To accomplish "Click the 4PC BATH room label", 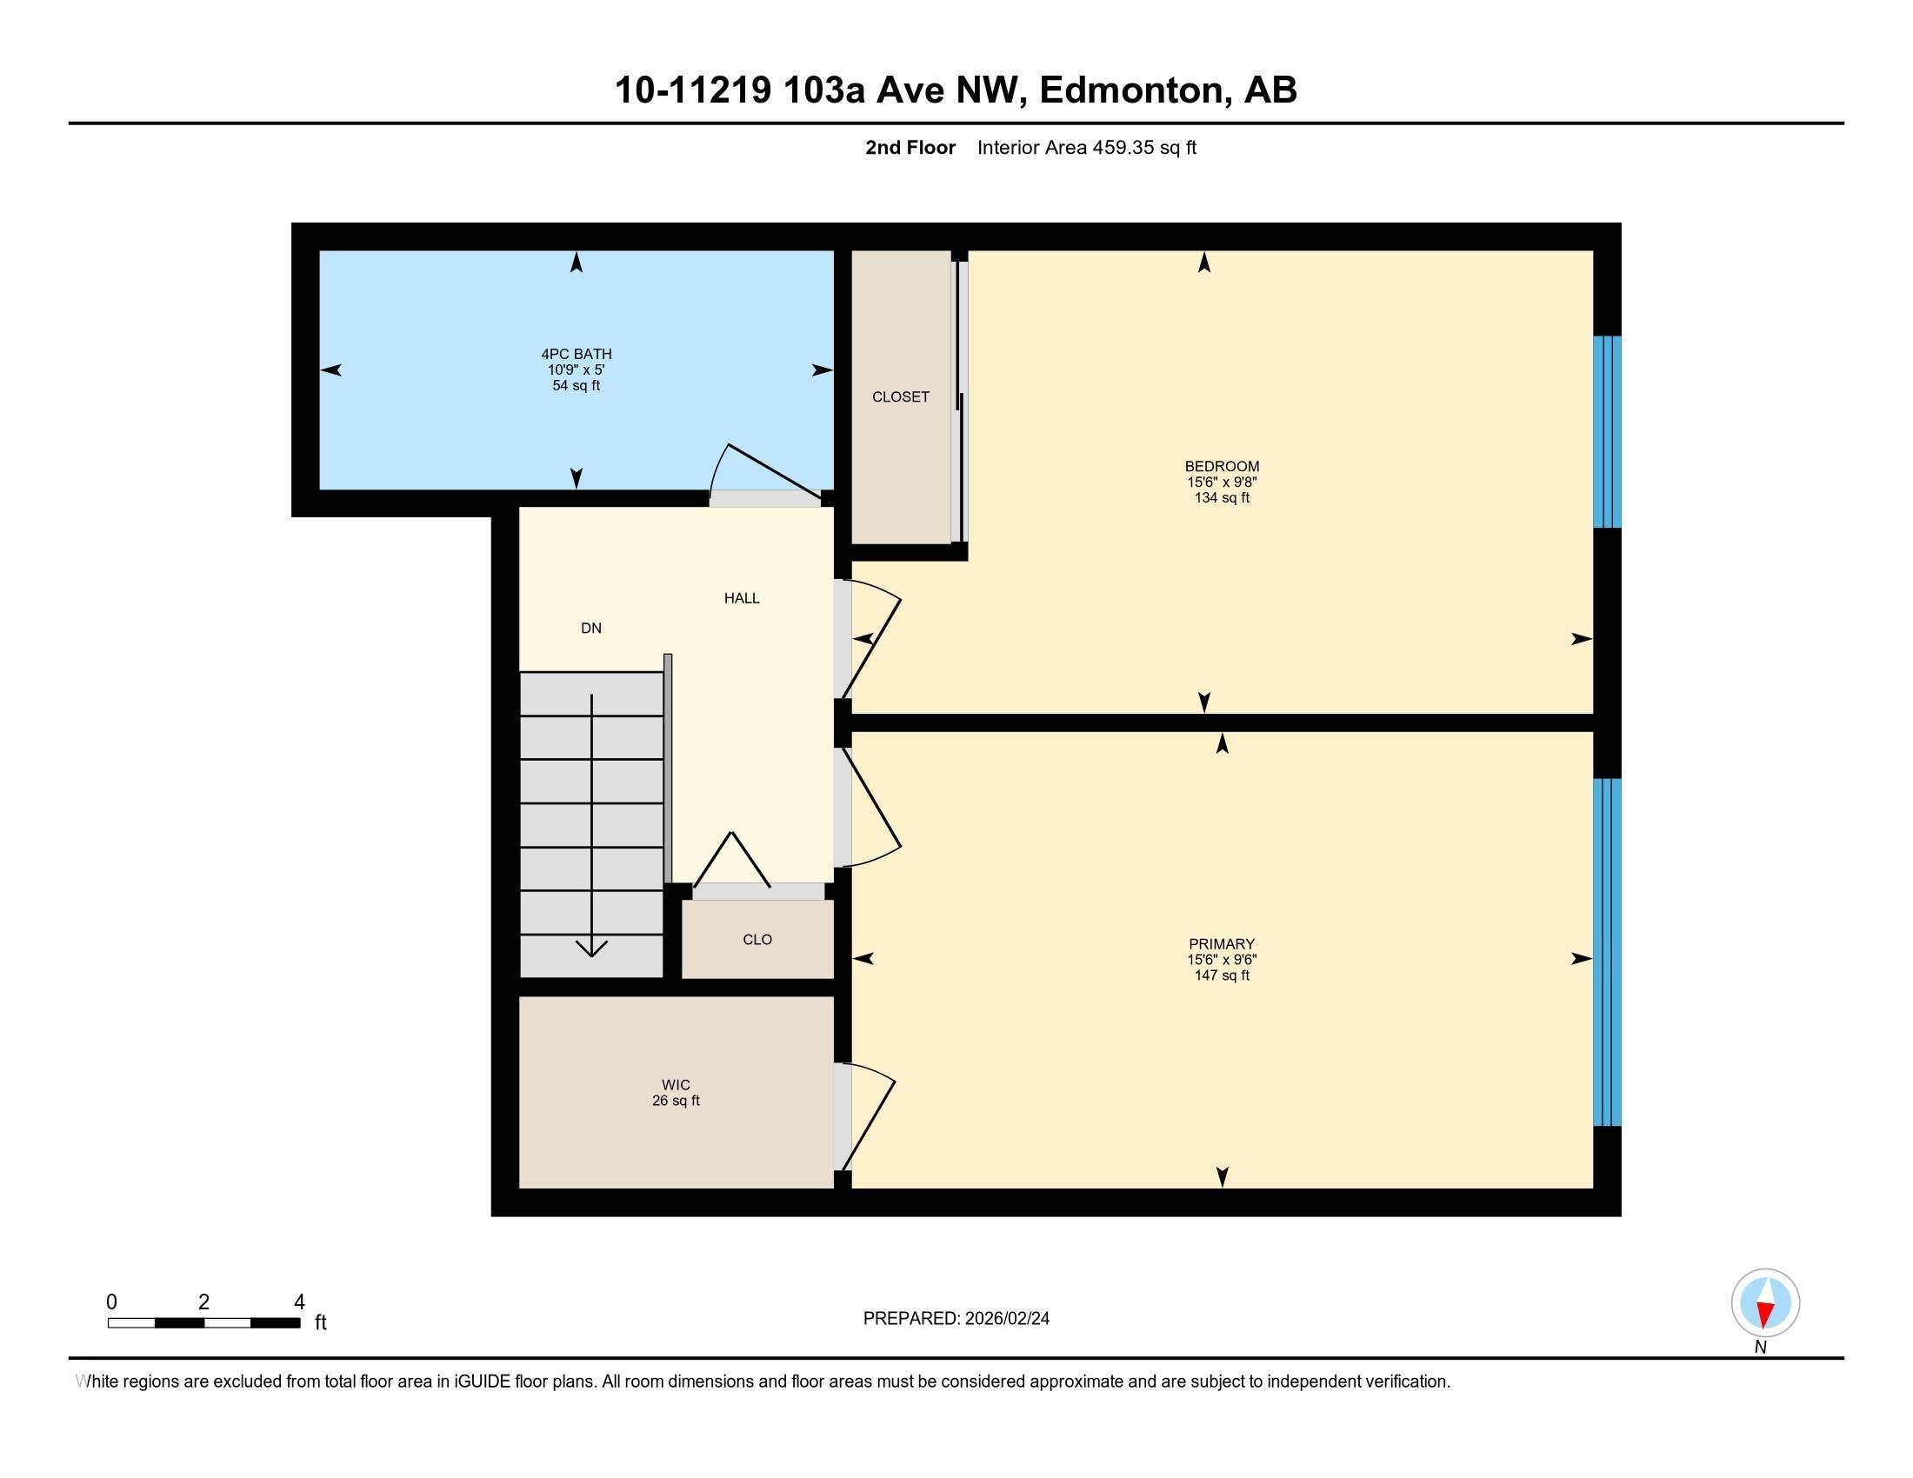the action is (577, 354).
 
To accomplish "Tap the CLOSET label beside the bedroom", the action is (901, 396).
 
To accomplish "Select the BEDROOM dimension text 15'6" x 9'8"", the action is (1222, 482).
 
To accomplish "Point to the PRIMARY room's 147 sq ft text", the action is (1222, 975).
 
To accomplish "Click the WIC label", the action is (677, 1085).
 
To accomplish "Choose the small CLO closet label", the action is (757, 940).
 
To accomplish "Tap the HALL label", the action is (742, 598).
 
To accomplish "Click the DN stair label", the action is (591, 628).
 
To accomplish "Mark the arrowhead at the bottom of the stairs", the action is (592, 948).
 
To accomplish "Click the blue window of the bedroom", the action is (1606, 432).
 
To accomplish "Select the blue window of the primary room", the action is (1606, 952).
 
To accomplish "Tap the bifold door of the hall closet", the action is (731, 859).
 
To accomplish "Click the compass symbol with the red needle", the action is (1765, 1303).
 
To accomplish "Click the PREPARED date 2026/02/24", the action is (1005, 1319).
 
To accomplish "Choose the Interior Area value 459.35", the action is (1123, 147).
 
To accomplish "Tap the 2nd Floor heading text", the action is (910, 147).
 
